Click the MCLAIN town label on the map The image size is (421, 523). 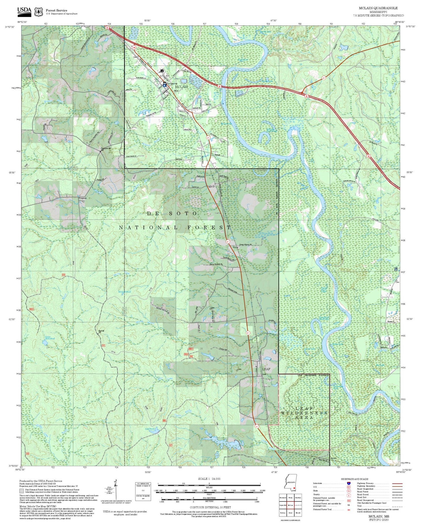click(182, 87)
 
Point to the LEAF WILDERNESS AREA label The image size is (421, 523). click(304, 413)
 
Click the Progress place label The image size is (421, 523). click(82, 198)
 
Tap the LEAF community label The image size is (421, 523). click(266, 369)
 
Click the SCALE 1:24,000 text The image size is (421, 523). click(209, 479)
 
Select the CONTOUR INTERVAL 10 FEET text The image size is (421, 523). click(209, 508)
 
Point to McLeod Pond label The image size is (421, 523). click(124, 292)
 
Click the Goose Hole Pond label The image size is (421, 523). click(50, 338)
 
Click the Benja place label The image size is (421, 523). click(334, 459)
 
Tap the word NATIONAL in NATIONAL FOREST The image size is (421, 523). click(148, 227)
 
